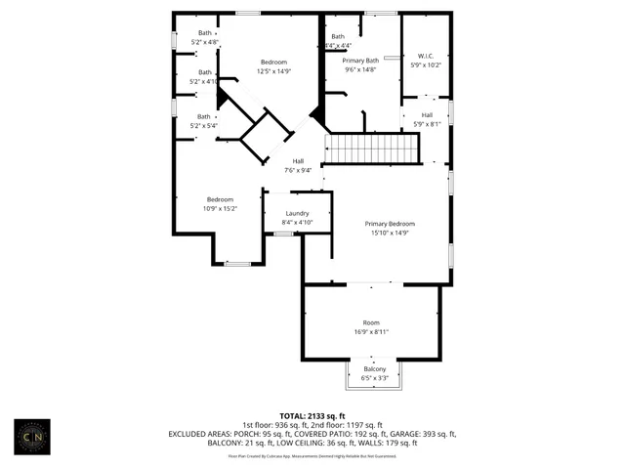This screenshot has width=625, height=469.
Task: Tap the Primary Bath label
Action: pos(359,61)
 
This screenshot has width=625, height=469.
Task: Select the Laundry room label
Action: pos(297,213)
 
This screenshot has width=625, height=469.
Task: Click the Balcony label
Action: pos(375,368)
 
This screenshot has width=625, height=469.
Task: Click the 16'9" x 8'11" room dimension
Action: pos(371,332)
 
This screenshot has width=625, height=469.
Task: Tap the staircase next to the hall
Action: pos(371,149)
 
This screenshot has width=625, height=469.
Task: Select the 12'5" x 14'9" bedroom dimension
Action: pos(273,71)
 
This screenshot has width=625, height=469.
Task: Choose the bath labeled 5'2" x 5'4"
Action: pos(205,125)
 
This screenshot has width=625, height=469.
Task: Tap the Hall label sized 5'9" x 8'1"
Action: pos(428,124)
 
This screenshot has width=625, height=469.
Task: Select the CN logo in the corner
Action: pos(38,435)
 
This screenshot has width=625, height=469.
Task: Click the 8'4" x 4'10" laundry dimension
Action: pos(297,223)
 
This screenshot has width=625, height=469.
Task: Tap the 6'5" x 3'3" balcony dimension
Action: pos(375,377)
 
